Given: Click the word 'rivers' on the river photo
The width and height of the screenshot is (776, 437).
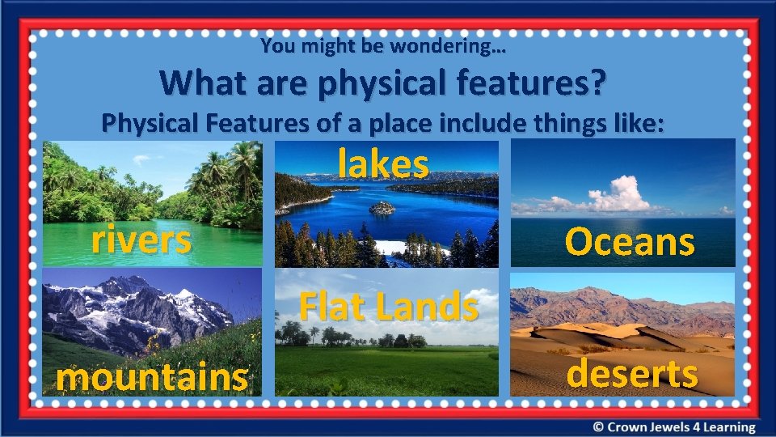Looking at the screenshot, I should (141, 240).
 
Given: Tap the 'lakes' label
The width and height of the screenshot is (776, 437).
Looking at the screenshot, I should (383, 164).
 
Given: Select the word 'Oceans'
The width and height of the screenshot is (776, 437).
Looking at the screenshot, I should (630, 241).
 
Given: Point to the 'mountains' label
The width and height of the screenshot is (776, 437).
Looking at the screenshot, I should (152, 377).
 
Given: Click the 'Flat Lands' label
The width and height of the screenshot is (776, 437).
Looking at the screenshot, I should (389, 307).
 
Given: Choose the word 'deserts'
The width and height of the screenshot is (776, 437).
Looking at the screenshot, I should (632, 374).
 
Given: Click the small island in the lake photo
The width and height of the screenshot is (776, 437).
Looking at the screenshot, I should (382, 208).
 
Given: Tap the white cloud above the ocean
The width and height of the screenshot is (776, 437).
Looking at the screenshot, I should (621, 194).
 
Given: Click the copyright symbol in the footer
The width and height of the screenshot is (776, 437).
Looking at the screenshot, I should (597, 427).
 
